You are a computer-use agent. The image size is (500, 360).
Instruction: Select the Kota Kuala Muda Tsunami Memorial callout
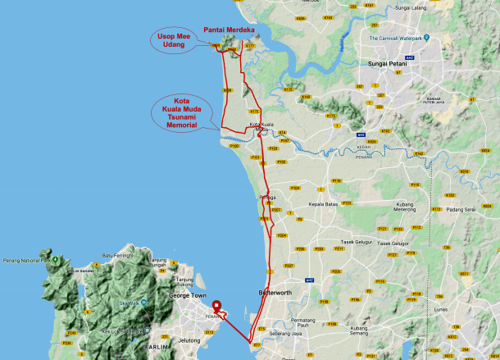tap(181, 113)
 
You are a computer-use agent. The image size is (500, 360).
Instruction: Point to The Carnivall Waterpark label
tap(401, 39)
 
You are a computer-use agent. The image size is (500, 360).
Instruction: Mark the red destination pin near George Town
tap(216, 309)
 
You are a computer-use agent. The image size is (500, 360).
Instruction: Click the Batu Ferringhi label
tap(118, 256)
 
